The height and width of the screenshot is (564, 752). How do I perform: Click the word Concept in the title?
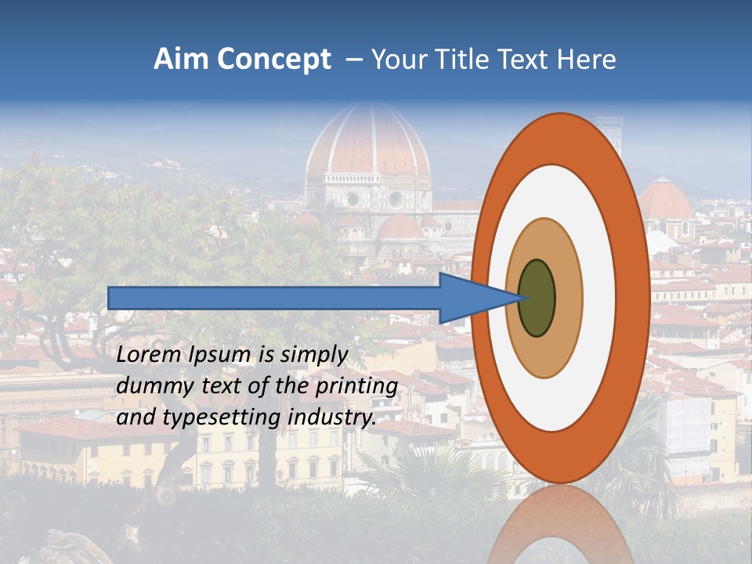(274, 60)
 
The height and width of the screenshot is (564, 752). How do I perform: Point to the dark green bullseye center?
(537, 298)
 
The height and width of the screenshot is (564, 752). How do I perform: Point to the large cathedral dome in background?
(368, 141)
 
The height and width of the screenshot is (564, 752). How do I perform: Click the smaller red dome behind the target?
(665, 200)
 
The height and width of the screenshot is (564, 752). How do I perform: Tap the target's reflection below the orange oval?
(560, 525)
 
